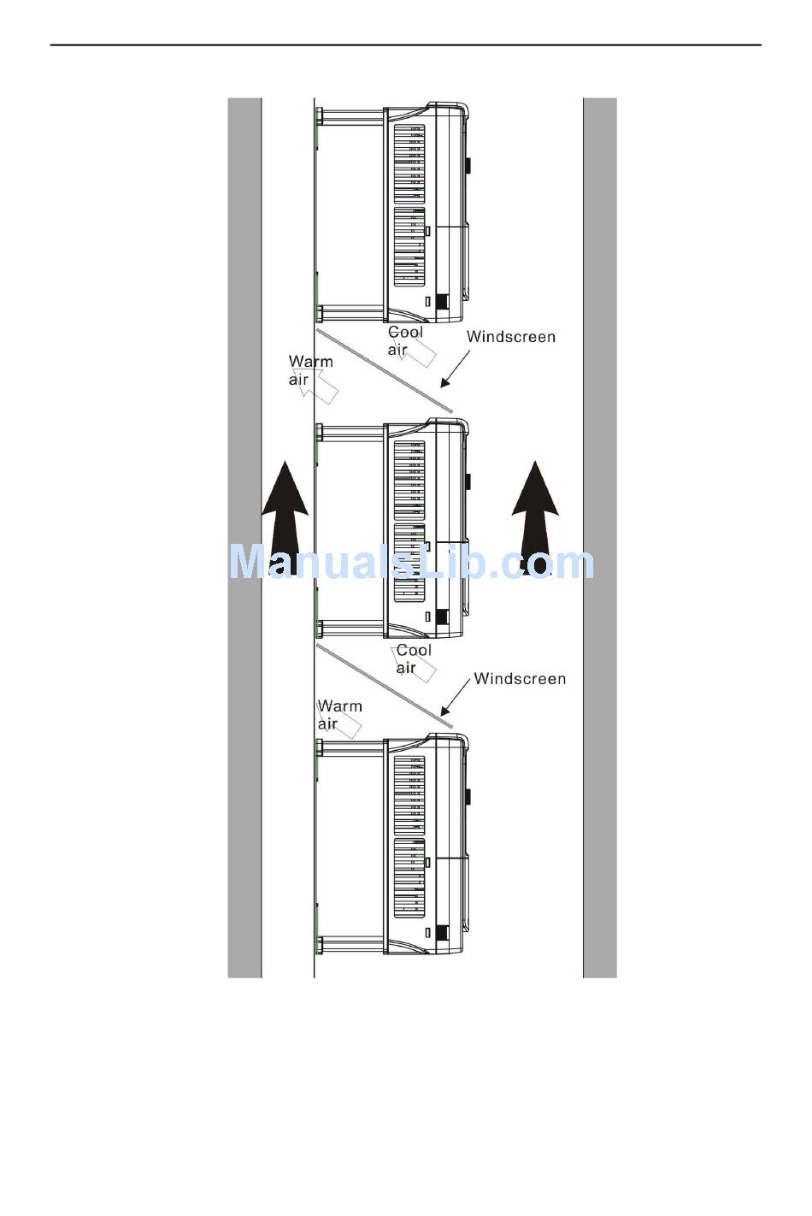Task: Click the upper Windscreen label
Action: [x=510, y=337]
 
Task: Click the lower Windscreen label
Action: [x=520, y=679]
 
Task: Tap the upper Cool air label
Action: [x=405, y=340]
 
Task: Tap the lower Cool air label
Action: [x=414, y=658]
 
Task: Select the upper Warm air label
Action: [x=310, y=370]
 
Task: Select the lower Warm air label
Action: [x=339, y=715]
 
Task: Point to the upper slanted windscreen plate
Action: [x=384, y=370]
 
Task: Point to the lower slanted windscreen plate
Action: [x=384, y=687]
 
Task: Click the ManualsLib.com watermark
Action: [x=411, y=563]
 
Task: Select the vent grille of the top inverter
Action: [x=409, y=205]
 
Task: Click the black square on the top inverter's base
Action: [x=442, y=302]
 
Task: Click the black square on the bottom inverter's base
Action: [x=442, y=933]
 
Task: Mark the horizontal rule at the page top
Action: [x=405, y=44]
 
